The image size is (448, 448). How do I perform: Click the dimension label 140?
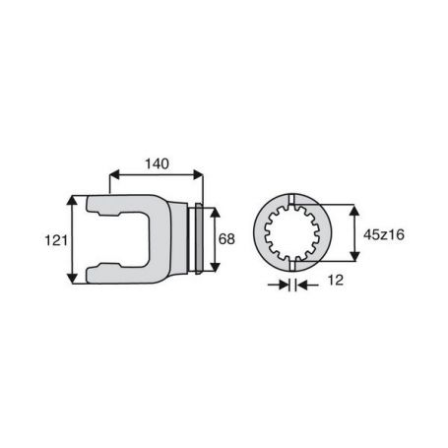pyautogui.click(x=157, y=163)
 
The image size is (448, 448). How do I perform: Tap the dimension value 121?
pyautogui.click(x=56, y=240)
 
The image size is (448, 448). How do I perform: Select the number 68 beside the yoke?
pyautogui.click(x=226, y=239)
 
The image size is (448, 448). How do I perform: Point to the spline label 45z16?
pyautogui.click(x=384, y=234)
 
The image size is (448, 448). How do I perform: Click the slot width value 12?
pyautogui.click(x=336, y=281)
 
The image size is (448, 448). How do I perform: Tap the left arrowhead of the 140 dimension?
pyautogui.click(x=114, y=174)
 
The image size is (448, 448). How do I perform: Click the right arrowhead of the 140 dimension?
pyautogui.click(x=198, y=174)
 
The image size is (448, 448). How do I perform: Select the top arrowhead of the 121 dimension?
pyautogui.click(x=72, y=200)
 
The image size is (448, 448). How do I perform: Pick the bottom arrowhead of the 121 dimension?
pyautogui.click(x=72, y=279)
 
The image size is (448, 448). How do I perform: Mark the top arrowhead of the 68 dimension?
pyautogui.click(x=215, y=213)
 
